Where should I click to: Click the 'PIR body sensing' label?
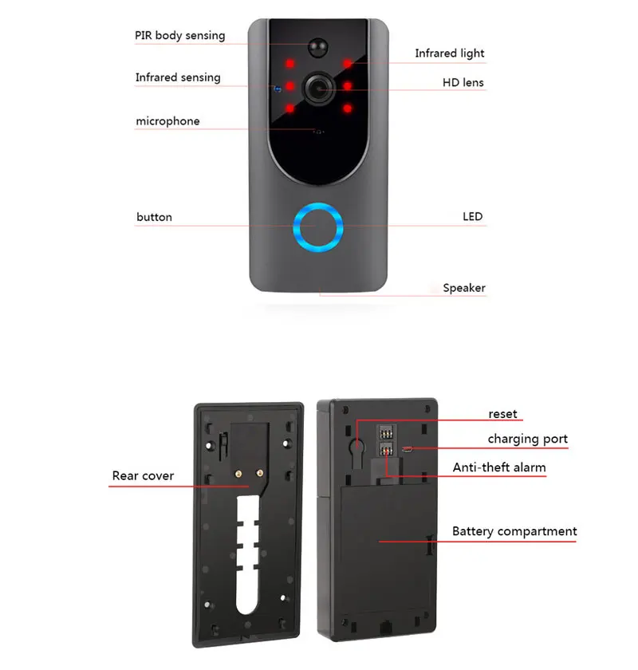(x=179, y=35)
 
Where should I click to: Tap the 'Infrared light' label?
(x=449, y=53)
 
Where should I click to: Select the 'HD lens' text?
(x=463, y=82)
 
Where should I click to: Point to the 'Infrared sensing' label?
(x=178, y=77)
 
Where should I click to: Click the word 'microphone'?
(x=167, y=121)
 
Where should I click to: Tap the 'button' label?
(x=154, y=217)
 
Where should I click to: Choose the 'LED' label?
(x=473, y=216)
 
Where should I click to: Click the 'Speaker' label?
(x=464, y=288)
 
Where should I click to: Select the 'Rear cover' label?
(x=143, y=476)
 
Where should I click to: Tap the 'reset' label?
(x=502, y=414)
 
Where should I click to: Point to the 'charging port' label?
(x=528, y=439)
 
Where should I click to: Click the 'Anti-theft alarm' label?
(x=499, y=467)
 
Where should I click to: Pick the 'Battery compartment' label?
(x=514, y=531)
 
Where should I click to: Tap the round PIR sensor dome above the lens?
(x=320, y=47)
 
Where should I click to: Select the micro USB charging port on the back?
(x=408, y=449)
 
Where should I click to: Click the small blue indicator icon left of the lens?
(x=276, y=89)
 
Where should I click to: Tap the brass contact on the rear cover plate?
(x=238, y=473)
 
